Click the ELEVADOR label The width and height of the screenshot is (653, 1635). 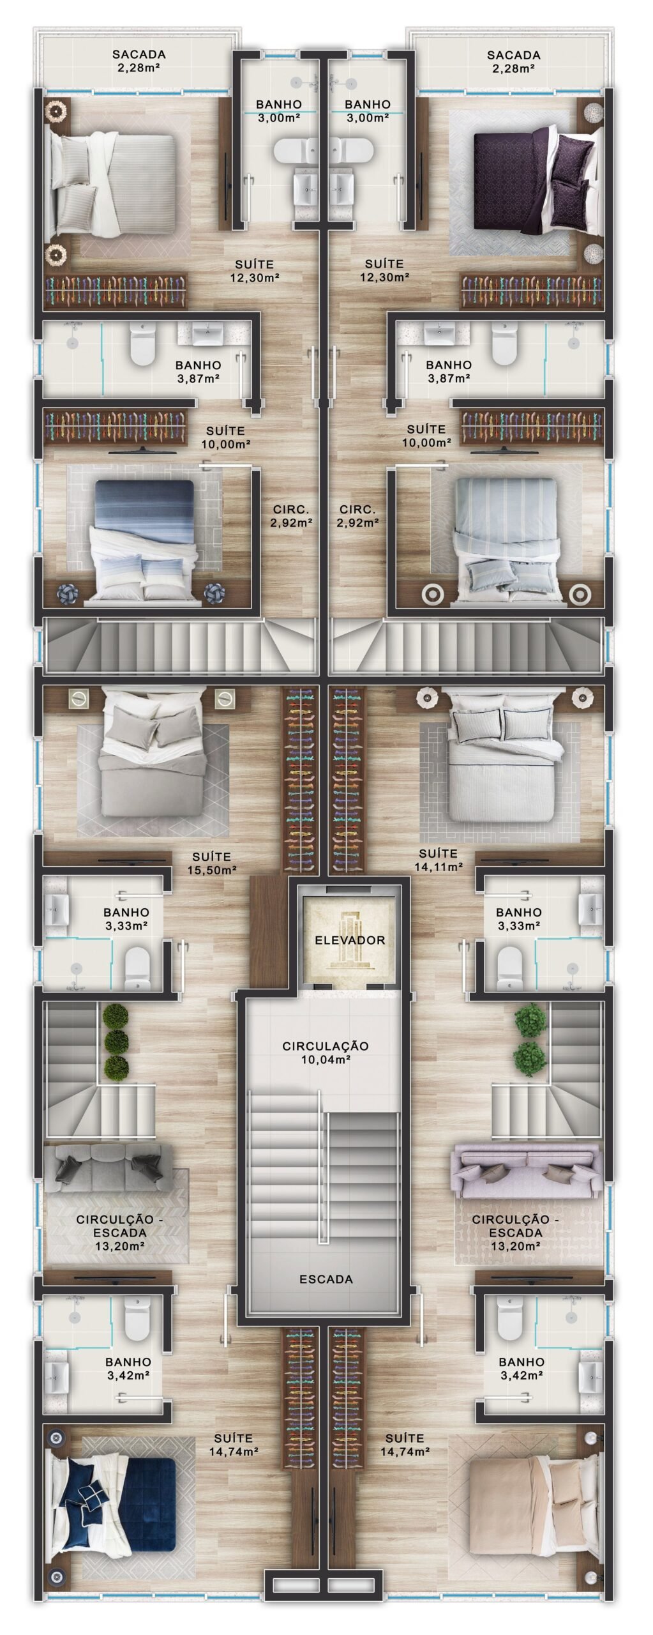(x=349, y=940)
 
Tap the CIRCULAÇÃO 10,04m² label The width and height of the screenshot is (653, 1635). (x=326, y=1053)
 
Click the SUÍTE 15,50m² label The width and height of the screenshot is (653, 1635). (x=212, y=862)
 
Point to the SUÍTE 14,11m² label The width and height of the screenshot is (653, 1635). (x=438, y=860)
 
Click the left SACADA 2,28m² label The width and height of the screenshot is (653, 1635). (x=139, y=61)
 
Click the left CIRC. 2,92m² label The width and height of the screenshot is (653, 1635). (x=291, y=516)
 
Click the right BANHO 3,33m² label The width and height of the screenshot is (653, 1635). (x=518, y=918)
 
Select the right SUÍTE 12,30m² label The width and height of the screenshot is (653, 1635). (x=384, y=270)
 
